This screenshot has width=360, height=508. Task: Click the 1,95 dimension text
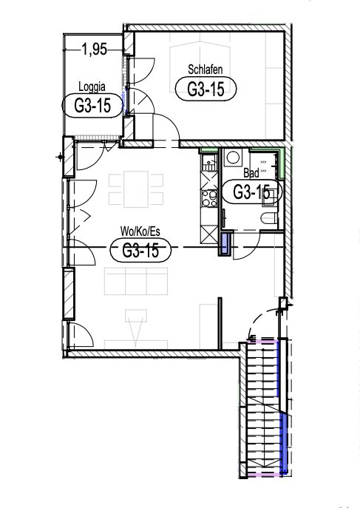point(94,50)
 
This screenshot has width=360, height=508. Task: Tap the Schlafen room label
point(206,70)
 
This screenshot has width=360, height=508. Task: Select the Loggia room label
point(92,87)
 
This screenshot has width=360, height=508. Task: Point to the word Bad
point(251,173)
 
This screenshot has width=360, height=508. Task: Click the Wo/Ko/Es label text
point(140,231)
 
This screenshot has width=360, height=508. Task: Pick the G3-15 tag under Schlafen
point(206,89)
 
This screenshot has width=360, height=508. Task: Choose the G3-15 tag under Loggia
point(92,106)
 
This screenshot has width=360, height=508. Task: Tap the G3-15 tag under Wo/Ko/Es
point(140,250)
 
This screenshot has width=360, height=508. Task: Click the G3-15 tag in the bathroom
point(251,192)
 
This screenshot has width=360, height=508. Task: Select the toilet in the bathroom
point(269,218)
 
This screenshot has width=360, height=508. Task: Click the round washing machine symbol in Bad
point(233,158)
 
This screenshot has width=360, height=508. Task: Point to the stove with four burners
point(209,198)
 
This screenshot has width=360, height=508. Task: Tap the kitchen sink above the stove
point(209,163)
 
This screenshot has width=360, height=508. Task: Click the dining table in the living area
point(136,189)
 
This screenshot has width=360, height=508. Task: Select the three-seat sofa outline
point(136,281)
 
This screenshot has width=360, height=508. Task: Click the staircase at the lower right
point(263,408)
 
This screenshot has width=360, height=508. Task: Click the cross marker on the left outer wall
point(60,157)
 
